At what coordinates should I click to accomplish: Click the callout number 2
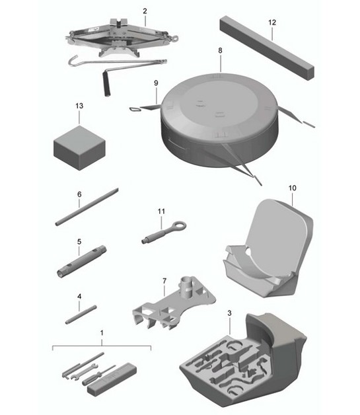coord(145,11)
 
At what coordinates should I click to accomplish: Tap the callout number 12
coord(271,22)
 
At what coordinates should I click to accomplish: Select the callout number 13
coord(79,106)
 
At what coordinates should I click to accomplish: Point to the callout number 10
coord(293,188)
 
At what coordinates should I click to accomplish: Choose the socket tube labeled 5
coord(83,263)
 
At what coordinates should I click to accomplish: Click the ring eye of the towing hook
coord(178,227)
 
